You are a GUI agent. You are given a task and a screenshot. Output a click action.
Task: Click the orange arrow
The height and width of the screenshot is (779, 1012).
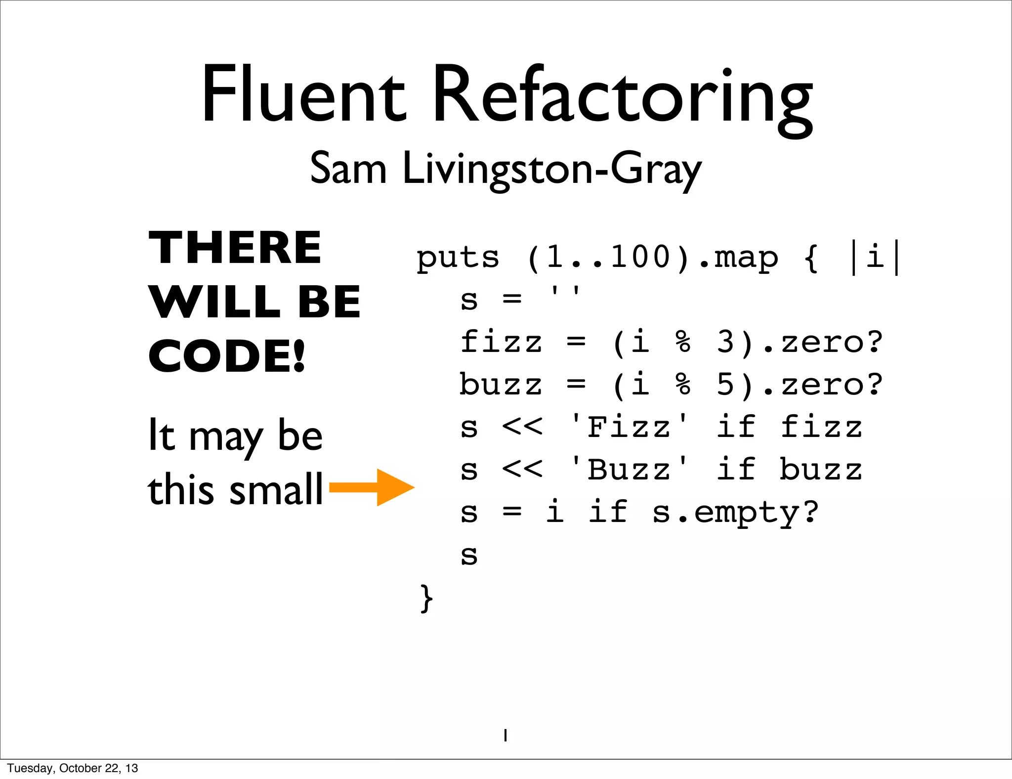pyautogui.click(x=372, y=487)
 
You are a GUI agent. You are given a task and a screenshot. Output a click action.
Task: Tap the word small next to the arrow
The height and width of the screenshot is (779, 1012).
pyautogui.click(x=276, y=489)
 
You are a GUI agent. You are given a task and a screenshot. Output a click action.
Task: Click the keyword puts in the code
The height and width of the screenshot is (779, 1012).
pyautogui.click(x=458, y=258)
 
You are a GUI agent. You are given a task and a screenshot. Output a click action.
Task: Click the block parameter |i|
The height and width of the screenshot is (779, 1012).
pyautogui.click(x=875, y=258)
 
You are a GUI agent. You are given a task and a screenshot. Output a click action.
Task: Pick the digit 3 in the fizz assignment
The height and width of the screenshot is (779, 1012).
pyautogui.click(x=725, y=342)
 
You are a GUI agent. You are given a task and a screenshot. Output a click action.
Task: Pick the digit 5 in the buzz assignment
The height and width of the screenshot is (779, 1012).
pyautogui.click(x=725, y=385)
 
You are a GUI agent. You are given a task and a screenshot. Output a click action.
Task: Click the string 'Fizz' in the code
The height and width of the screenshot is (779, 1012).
pyautogui.click(x=629, y=427)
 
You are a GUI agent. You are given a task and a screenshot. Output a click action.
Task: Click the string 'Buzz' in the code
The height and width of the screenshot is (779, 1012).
pyautogui.click(x=629, y=470)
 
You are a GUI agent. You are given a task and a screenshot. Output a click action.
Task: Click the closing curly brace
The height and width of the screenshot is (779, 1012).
pyautogui.click(x=426, y=598)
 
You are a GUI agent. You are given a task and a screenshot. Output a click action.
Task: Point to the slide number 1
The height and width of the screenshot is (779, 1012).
pyautogui.click(x=505, y=736)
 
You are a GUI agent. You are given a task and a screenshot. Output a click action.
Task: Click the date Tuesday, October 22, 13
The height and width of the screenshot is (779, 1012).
pyautogui.click(x=73, y=768)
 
